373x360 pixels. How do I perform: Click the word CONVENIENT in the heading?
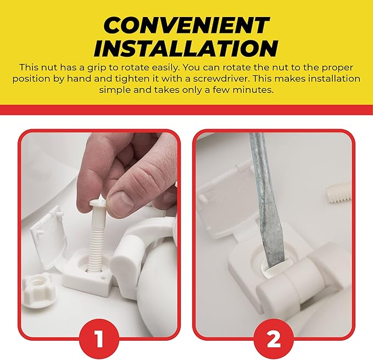click(x=186, y=25)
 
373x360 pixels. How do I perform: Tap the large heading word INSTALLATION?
click(x=186, y=48)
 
